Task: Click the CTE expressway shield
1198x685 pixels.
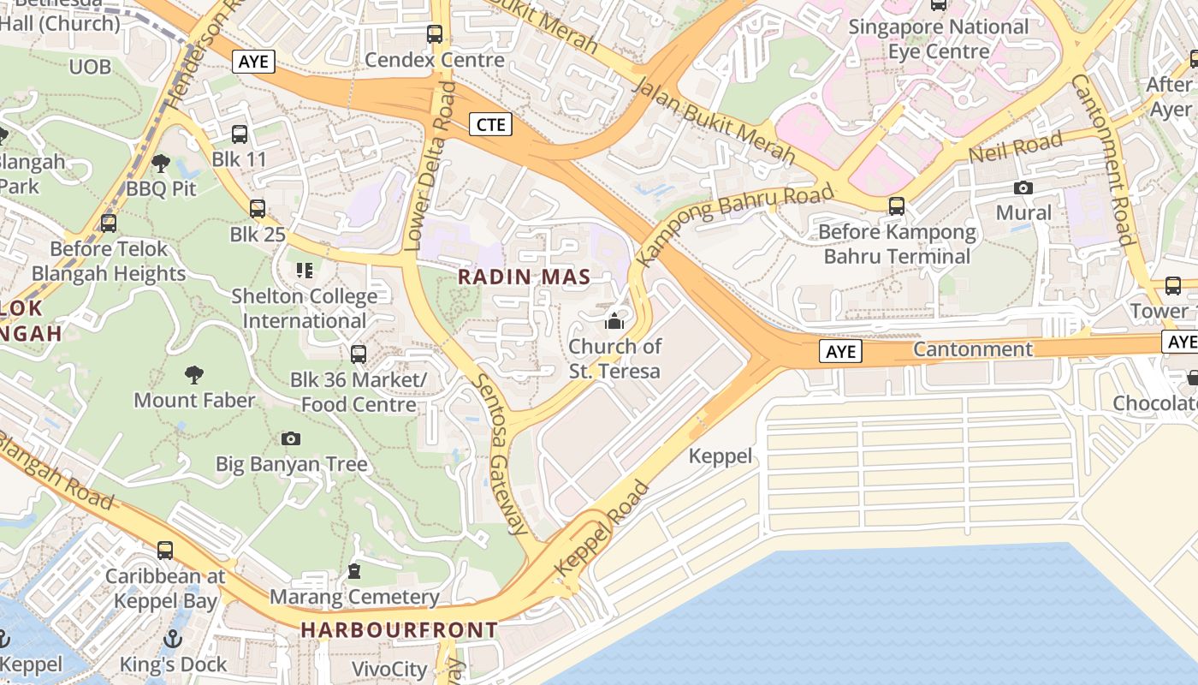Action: click(x=490, y=124)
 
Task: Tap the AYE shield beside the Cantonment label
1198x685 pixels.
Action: click(x=839, y=350)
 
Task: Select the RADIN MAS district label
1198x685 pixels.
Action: click(x=524, y=277)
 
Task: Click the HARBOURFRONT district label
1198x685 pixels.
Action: click(x=399, y=630)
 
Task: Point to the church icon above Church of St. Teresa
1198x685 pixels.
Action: click(x=614, y=322)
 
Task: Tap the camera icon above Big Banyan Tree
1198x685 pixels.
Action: click(x=291, y=439)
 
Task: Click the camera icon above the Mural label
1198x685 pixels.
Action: click(x=1023, y=188)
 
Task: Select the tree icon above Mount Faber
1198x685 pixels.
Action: click(x=194, y=374)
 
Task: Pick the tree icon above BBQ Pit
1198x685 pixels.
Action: click(x=160, y=163)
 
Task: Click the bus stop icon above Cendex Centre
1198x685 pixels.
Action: click(x=435, y=34)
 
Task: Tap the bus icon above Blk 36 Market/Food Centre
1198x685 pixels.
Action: click(x=359, y=354)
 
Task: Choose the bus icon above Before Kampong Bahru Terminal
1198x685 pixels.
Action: click(x=896, y=206)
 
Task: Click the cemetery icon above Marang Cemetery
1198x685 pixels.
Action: click(x=354, y=571)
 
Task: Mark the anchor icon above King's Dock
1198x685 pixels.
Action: click(x=173, y=639)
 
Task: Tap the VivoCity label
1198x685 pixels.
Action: click(x=389, y=669)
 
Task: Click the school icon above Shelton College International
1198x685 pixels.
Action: click(x=305, y=271)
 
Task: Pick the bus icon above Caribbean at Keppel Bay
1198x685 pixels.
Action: click(x=165, y=551)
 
